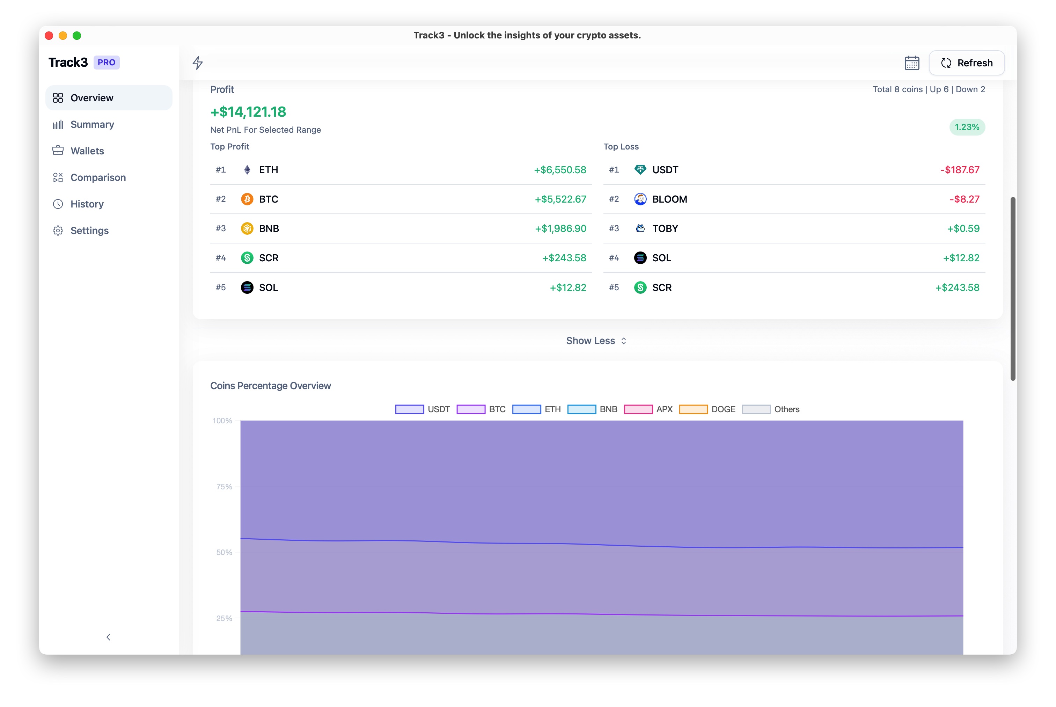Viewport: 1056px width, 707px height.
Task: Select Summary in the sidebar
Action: click(x=92, y=124)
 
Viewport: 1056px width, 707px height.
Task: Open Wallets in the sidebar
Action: click(x=87, y=151)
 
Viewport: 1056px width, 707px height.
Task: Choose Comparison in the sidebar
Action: click(x=98, y=178)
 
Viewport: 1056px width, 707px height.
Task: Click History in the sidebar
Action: click(x=87, y=204)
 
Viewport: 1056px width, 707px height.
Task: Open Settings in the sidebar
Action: click(x=89, y=231)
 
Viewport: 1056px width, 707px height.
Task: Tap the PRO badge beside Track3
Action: click(x=107, y=62)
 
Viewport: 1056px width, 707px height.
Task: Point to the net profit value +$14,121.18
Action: click(x=248, y=112)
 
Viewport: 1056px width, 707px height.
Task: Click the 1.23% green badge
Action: click(x=966, y=127)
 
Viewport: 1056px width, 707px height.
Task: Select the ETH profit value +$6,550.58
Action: click(x=560, y=170)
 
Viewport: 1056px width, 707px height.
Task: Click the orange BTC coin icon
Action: click(x=247, y=199)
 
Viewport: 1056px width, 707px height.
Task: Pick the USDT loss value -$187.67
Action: click(x=959, y=170)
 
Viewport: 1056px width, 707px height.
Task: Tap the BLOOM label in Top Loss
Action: click(x=669, y=199)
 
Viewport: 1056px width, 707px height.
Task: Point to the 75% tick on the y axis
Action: click(x=224, y=487)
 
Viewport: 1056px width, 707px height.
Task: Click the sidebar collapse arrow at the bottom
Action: click(x=108, y=637)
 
